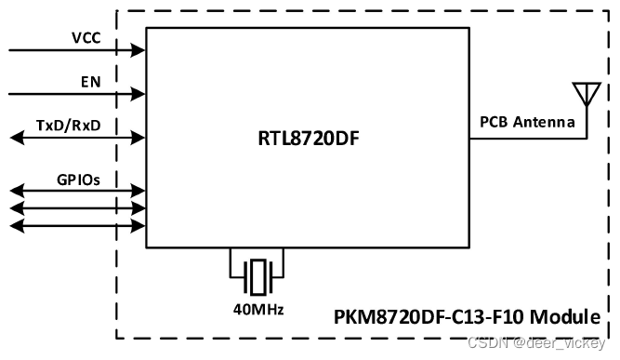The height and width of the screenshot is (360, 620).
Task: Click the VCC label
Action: coord(86,39)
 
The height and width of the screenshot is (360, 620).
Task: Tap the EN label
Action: coord(90,82)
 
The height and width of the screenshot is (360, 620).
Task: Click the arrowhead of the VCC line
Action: coord(139,49)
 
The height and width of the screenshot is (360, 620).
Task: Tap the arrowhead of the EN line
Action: coord(139,93)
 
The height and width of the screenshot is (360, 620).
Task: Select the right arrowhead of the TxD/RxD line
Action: coord(139,138)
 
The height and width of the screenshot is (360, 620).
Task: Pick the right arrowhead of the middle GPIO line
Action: coord(139,208)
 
